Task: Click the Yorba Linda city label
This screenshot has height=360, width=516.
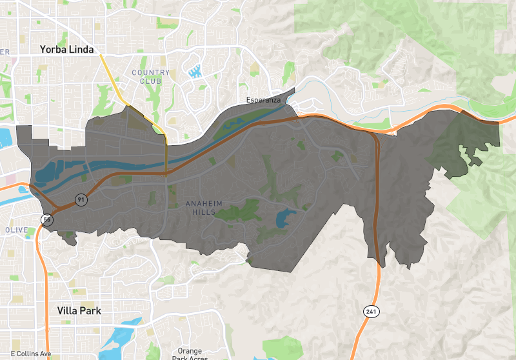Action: click(x=66, y=49)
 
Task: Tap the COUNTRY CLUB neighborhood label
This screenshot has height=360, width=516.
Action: click(x=151, y=77)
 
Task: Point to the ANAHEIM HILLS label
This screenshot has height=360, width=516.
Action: click(x=204, y=208)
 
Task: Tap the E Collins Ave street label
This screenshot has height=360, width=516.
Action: click(x=26, y=354)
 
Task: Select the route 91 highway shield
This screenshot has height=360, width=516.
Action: click(x=81, y=200)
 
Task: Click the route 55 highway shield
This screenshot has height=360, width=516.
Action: click(x=48, y=220)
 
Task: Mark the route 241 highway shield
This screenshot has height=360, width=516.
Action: click(x=370, y=312)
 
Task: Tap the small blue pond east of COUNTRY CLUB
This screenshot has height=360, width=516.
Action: click(x=196, y=70)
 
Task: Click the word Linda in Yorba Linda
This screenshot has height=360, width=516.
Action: click(x=82, y=49)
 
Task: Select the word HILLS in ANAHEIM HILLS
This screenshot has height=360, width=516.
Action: click(x=204, y=212)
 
